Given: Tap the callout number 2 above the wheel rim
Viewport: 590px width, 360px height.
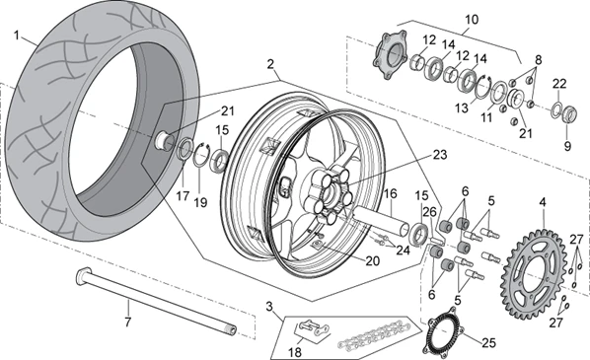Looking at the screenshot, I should [x=268, y=62].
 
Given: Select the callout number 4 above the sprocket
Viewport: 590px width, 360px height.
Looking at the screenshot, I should [x=542, y=204].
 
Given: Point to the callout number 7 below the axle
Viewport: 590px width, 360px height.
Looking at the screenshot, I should [x=126, y=321].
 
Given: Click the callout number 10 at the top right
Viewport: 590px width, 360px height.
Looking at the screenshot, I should [x=470, y=18].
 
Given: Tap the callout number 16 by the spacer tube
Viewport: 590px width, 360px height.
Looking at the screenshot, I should [x=390, y=195].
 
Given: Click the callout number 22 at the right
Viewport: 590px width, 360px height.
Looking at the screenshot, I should [x=558, y=83].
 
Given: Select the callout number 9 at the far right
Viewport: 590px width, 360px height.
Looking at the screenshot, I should [x=566, y=146].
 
